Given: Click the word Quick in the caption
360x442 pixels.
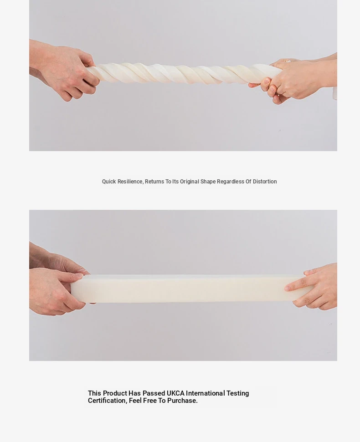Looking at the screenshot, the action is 109,182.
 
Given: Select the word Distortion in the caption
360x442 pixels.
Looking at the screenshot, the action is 265,182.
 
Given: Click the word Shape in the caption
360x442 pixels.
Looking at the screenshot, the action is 208,182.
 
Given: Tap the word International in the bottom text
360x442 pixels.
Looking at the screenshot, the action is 206,393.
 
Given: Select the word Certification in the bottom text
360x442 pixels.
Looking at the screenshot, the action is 108,401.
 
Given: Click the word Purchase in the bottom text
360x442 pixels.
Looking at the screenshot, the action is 182,401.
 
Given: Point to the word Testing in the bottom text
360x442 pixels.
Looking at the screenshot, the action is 237,393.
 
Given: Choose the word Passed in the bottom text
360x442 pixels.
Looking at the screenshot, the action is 154,393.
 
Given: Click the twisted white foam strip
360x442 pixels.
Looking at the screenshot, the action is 180,73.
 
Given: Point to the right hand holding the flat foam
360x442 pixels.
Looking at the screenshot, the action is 313,286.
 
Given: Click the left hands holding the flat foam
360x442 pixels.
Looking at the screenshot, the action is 57,282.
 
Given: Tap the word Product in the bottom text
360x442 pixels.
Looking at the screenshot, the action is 115,393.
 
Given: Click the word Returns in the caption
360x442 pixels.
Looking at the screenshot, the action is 154,182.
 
